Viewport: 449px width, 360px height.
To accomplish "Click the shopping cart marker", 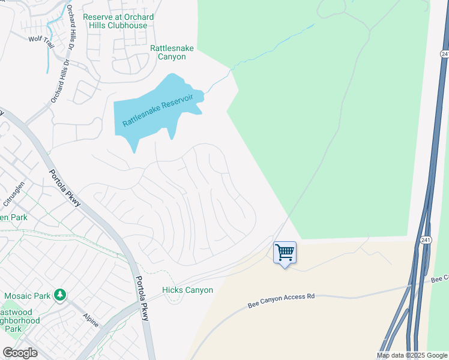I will point(285,251).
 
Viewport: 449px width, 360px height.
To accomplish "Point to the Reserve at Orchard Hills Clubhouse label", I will point(118,21).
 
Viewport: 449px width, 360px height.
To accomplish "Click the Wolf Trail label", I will point(41,38).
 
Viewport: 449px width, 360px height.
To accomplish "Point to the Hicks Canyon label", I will point(187,290).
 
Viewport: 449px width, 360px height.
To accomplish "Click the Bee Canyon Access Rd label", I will point(281,301).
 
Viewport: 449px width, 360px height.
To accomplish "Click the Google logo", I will point(20,353).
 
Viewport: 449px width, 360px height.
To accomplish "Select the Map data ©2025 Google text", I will point(411,355).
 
